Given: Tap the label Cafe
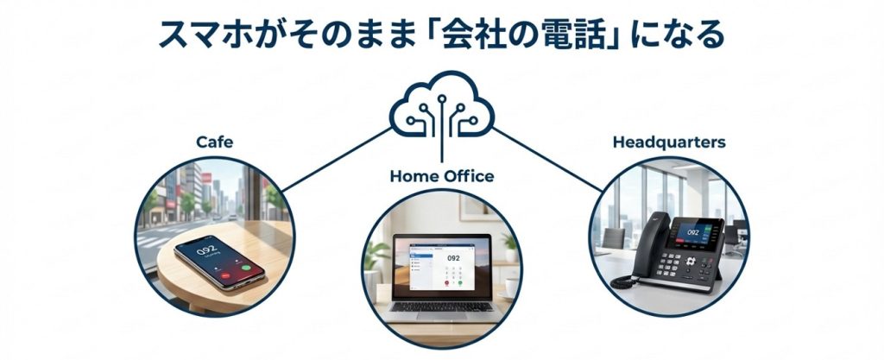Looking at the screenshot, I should pyautogui.click(x=215, y=142).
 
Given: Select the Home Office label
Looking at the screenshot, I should pyautogui.click(x=442, y=176).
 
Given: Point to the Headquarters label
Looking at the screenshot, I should pyautogui.click(x=669, y=142).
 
